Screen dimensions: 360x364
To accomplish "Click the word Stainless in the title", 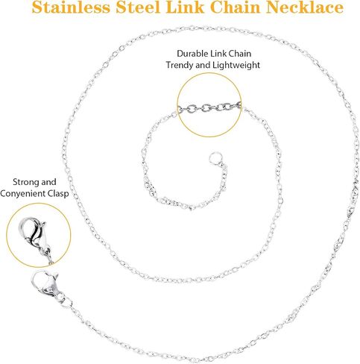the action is [71, 7].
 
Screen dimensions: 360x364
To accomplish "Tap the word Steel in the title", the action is [138, 7].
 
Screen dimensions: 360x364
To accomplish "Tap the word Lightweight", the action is [236, 65].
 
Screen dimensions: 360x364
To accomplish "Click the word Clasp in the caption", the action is [58, 194].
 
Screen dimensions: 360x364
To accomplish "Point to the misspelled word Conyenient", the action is [23, 194].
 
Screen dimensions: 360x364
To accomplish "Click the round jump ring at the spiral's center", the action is [215, 157].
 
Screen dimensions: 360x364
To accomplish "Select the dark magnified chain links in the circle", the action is [209, 107].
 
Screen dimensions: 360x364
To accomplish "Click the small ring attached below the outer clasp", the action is [66, 302].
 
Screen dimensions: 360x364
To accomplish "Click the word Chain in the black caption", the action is [240, 54].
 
